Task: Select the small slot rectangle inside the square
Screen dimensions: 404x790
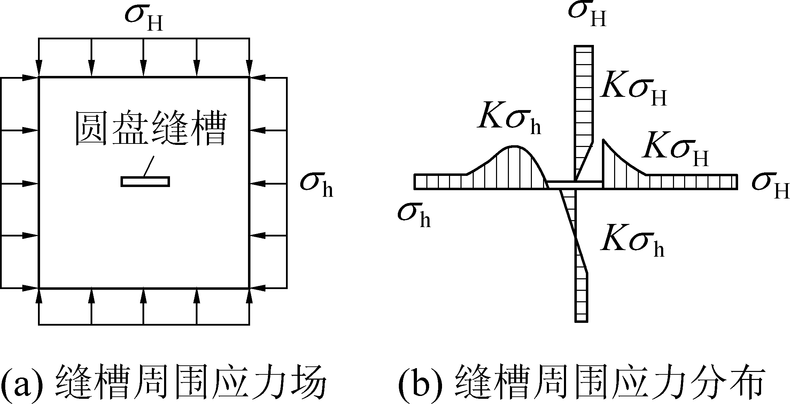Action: pos(145,181)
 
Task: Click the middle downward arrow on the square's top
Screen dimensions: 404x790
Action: pos(144,57)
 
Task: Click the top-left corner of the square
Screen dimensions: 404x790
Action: pos(39,78)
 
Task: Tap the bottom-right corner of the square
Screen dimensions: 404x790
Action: pos(249,288)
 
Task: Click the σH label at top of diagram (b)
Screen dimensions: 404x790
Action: pos(587,14)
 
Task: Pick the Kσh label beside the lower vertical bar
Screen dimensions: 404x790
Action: pos(632,244)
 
